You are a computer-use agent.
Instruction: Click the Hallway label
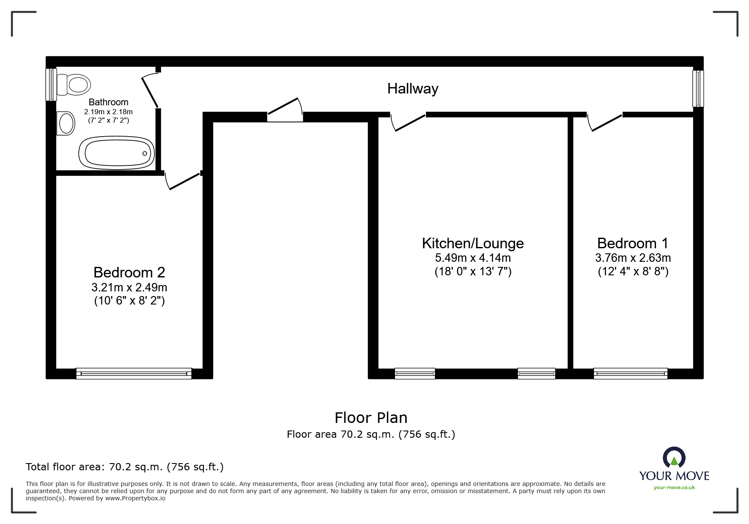(412, 89)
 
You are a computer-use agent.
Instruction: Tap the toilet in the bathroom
(74, 84)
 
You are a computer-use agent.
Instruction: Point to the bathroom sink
(66, 123)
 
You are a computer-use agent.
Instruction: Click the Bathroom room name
(108, 102)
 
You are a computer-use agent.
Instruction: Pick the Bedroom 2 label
(129, 272)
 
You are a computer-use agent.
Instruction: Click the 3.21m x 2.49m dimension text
(129, 288)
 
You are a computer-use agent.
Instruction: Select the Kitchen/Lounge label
(473, 244)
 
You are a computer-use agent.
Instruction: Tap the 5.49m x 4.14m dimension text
(473, 258)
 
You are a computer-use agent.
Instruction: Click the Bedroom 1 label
(633, 244)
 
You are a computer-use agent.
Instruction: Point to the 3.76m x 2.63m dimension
(633, 258)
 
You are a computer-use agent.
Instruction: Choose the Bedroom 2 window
(134, 373)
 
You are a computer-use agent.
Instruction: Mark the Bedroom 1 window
(630, 373)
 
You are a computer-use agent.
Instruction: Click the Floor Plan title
(371, 418)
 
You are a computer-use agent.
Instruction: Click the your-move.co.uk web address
(674, 488)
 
